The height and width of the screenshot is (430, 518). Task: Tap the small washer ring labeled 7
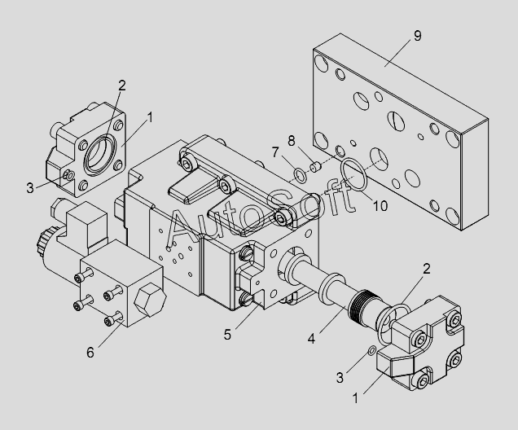click(x=300, y=172)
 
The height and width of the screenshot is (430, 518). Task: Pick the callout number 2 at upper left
click(x=121, y=84)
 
